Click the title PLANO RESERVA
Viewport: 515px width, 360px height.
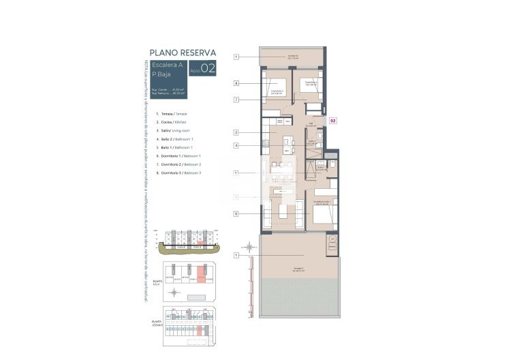tap(183, 52)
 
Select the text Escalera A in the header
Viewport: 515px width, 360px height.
tap(167, 65)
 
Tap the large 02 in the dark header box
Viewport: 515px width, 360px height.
tap(208, 68)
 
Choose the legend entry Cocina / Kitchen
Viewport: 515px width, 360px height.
tap(172, 122)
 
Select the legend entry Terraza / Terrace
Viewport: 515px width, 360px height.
tap(172, 114)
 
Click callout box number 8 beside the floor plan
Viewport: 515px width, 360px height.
tap(236, 84)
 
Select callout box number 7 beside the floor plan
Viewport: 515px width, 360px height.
tap(236, 100)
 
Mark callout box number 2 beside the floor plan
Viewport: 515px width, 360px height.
tap(236, 132)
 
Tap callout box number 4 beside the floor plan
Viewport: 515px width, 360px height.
tap(236, 145)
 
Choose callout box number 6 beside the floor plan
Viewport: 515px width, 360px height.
tap(236, 213)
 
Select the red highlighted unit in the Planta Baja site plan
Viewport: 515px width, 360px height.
tap(201, 274)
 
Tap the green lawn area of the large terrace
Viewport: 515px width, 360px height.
tap(293, 297)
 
